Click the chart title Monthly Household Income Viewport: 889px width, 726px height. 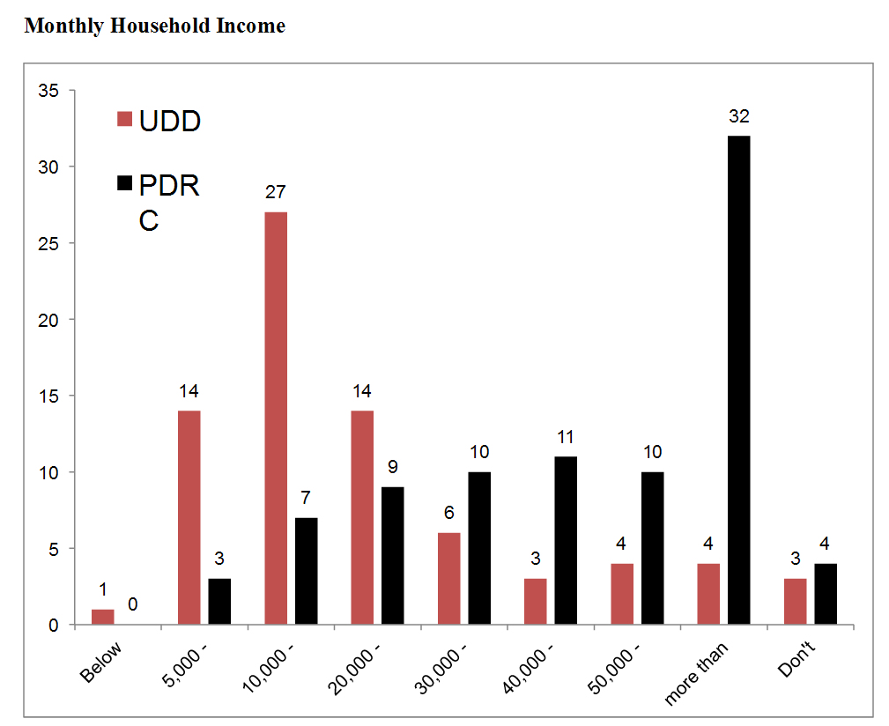(155, 26)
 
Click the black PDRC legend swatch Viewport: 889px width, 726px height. (125, 184)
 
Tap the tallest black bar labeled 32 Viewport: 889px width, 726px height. (738, 380)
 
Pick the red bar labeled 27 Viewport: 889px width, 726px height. (276, 418)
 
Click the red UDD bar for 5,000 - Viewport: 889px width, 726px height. (189, 517)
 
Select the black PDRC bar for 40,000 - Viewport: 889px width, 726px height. (566, 540)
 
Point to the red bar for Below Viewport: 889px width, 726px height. (103, 617)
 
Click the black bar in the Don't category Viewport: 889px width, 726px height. (825, 594)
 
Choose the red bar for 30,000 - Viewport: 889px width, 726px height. (448, 579)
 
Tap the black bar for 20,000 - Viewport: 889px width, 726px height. (393, 555)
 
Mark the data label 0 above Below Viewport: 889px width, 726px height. (133, 604)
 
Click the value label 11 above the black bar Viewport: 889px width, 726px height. (566, 437)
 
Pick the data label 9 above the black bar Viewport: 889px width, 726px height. (393, 468)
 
